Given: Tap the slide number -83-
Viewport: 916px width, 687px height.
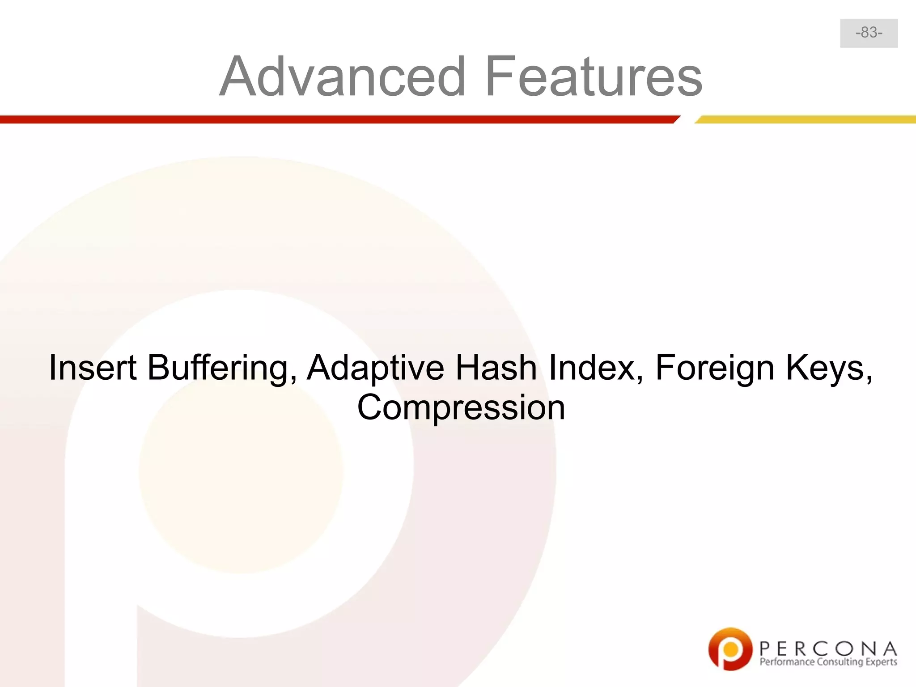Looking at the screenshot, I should [x=869, y=33].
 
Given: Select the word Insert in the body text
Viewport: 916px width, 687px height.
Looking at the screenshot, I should [x=93, y=368].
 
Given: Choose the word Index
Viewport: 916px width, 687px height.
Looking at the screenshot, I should [x=595, y=368].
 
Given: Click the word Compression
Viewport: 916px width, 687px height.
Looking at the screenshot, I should [x=461, y=408].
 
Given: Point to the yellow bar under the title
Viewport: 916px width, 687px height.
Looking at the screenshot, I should [x=805, y=119].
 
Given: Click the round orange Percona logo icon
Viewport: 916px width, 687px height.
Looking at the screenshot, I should [x=730, y=649].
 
